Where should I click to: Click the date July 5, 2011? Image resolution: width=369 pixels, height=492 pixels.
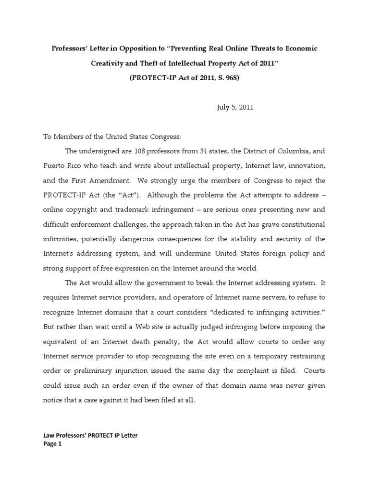tap(234, 107)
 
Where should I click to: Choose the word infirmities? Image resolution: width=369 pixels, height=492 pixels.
tap(60, 239)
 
